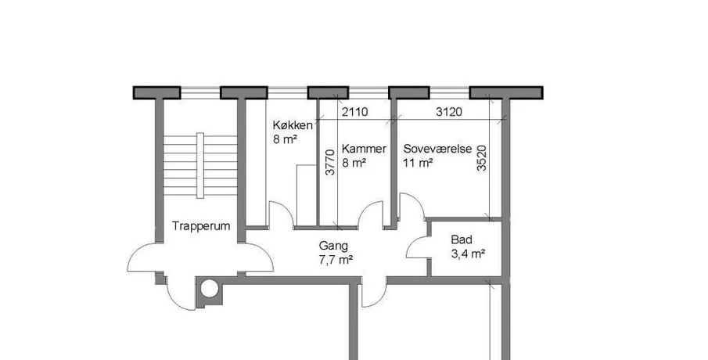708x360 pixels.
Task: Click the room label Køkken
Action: click(292, 125)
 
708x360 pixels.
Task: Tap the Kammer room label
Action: click(364, 149)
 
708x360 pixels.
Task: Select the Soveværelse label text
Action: click(437, 149)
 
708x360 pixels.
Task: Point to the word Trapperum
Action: click(201, 226)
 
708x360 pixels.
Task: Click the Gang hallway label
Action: click(334, 247)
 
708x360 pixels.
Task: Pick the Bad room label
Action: click(462, 239)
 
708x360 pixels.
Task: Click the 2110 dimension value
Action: click(354, 112)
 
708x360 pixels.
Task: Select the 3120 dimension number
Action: click(449, 112)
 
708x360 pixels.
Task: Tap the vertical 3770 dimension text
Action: click(330, 163)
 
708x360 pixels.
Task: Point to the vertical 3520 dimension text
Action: click(482, 158)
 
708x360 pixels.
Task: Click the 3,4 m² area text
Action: click(468, 254)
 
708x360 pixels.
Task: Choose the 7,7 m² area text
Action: click(336, 260)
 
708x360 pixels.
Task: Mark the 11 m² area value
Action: click(418, 163)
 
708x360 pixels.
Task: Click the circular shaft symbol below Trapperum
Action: click(210, 288)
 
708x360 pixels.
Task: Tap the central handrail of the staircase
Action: click(200, 165)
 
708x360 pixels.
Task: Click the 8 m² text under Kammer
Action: click(354, 163)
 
